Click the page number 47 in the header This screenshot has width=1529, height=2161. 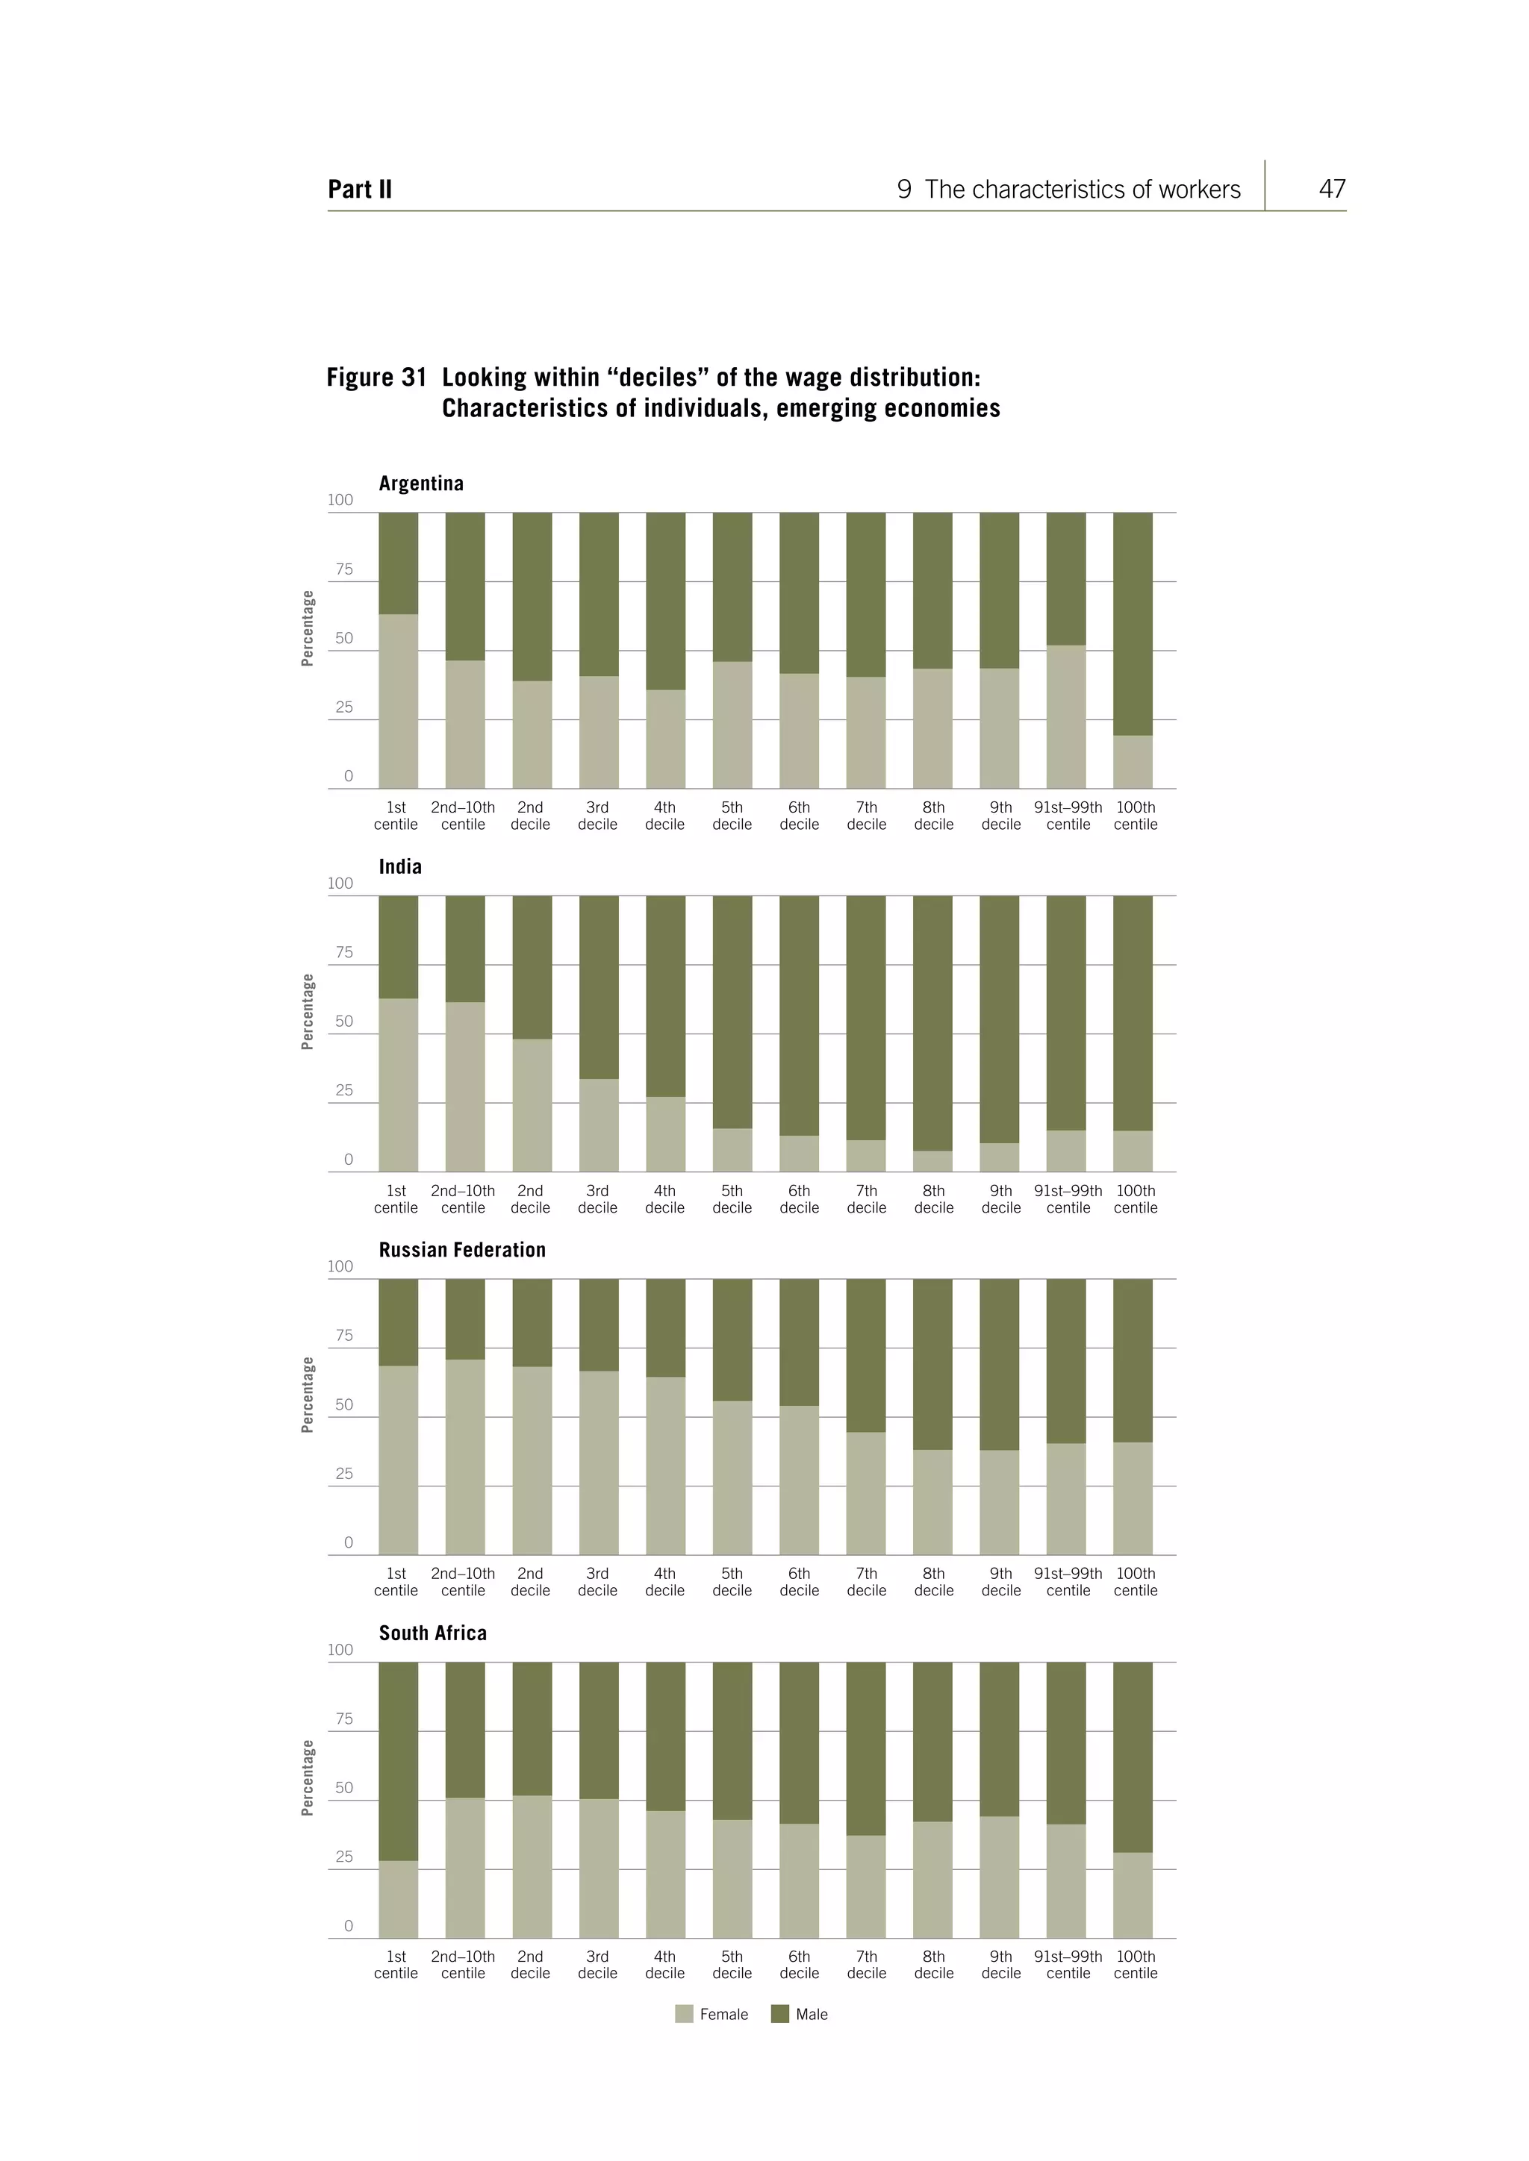pos(1331,190)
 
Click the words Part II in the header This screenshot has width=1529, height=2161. pos(360,190)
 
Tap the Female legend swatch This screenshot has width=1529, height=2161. pos(684,2014)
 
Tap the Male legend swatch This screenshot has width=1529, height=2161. pos(779,2014)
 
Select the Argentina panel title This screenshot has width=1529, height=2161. pos(421,484)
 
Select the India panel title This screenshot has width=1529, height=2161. pos(400,867)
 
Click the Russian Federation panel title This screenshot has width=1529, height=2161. pos(462,1250)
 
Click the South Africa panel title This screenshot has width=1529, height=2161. pos(433,1633)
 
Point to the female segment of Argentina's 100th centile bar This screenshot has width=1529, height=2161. pos(1133,763)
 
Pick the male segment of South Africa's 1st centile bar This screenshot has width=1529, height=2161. pos(398,1760)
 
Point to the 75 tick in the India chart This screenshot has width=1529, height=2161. pos(343,952)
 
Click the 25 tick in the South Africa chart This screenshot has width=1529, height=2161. pos(343,1857)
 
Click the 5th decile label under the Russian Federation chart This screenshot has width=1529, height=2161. pos(732,1582)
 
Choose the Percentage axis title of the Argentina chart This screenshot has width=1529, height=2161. pos(307,629)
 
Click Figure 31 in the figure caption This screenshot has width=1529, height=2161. pos(376,378)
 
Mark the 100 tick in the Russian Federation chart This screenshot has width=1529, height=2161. pos(340,1267)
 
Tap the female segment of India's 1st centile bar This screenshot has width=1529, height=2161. pos(398,1084)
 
